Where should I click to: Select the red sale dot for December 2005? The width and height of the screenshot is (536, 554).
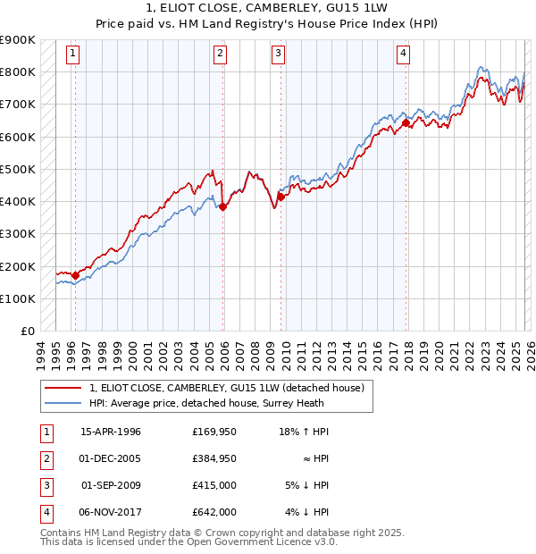coord(223,206)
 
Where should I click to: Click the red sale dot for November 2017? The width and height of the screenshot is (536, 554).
coord(406,123)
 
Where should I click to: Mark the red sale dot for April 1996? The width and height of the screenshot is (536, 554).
coord(75,275)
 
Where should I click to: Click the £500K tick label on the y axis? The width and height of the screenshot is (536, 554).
coord(18,169)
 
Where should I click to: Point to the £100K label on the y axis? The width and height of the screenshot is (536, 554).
coord(18,298)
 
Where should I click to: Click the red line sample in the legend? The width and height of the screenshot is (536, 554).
coord(63,389)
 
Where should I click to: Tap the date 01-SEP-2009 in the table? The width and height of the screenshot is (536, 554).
coord(112,484)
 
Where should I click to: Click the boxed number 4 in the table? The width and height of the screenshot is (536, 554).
coord(45,512)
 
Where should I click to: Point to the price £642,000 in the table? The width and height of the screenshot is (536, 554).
coord(214,512)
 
